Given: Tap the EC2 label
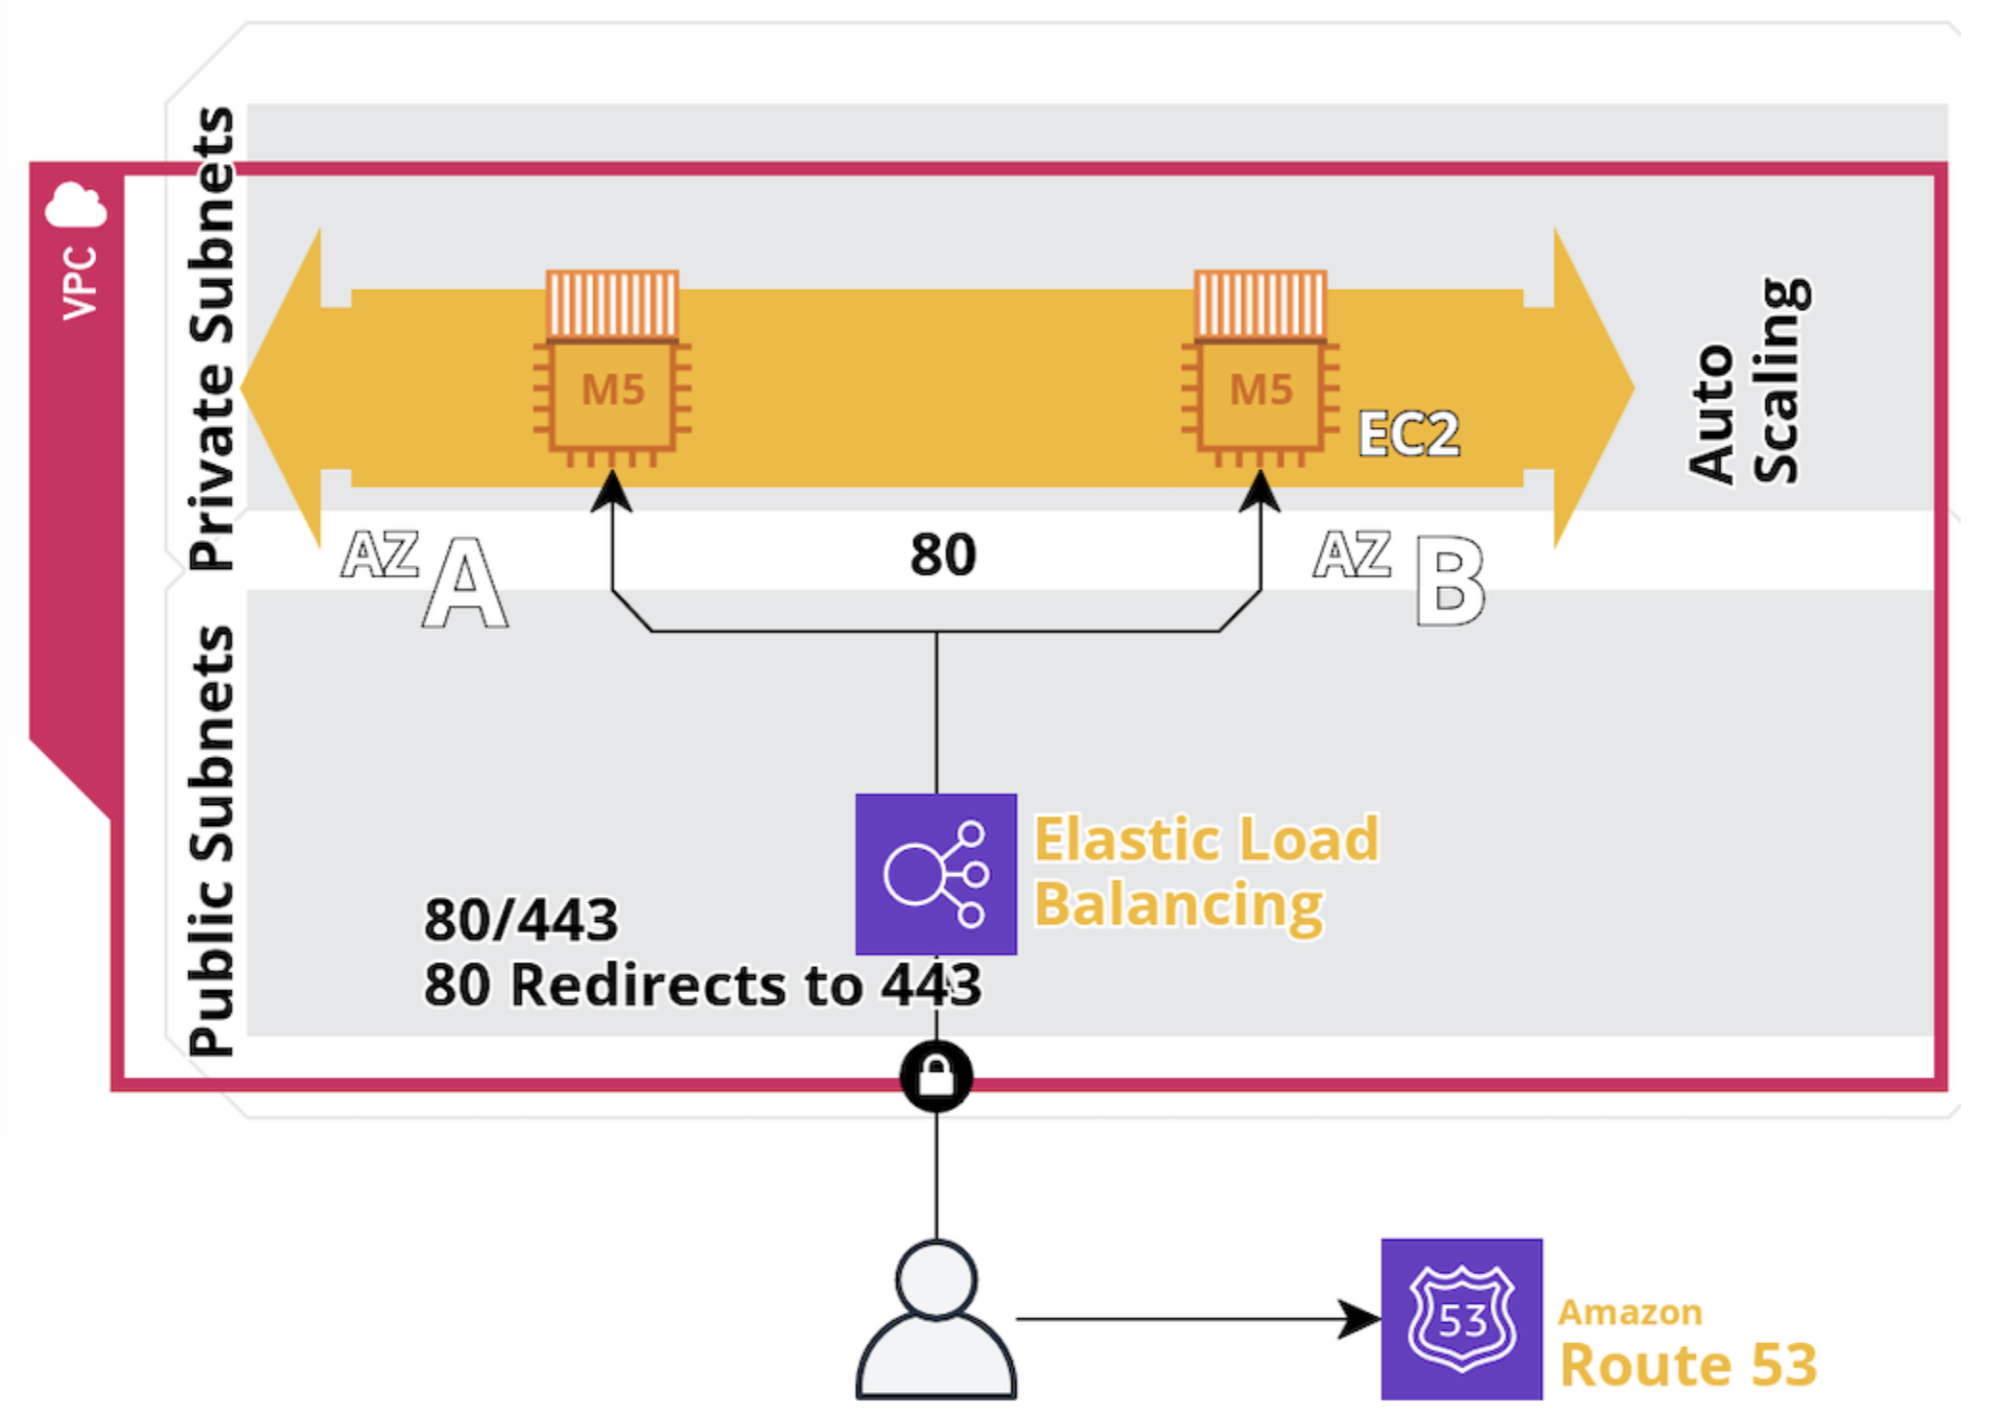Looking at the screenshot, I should click(x=1408, y=434).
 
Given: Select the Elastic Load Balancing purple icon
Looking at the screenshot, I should click(x=935, y=874).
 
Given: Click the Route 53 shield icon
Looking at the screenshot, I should click(x=1461, y=1319).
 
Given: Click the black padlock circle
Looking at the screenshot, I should click(x=936, y=1076).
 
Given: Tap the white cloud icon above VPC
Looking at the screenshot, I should click(x=76, y=205).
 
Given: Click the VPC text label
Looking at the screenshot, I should click(x=80, y=283).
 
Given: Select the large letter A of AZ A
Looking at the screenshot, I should click(x=464, y=583).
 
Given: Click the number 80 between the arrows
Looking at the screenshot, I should click(x=943, y=555).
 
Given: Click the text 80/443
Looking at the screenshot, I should click(x=521, y=920).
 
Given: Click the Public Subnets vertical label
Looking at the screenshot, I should click(x=211, y=840).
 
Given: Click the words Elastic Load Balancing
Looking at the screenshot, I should click(x=1204, y=871).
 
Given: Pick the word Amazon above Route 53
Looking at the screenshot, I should click(x=1630, y=1312).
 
